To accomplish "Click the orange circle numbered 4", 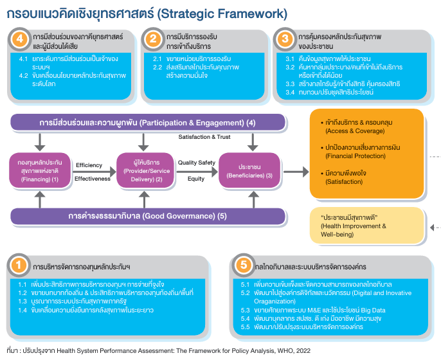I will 21,40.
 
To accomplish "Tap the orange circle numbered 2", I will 154,40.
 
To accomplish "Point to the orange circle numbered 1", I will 21,265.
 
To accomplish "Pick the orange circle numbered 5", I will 243,265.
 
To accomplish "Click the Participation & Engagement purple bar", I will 147,122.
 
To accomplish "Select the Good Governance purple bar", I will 147,216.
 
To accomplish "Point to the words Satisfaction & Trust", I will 204,136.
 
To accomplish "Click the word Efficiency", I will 89,165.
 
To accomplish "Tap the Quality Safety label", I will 195,163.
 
